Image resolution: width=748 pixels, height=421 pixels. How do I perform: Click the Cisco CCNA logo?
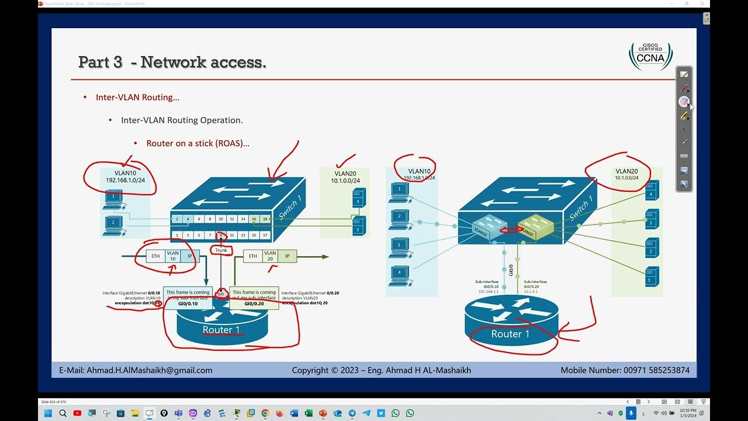pyautogui.click(x=650, y=56)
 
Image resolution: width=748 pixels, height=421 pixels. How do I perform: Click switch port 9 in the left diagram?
pyautogui.click(x=221, y=235)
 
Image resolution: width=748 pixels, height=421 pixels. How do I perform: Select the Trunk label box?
pyautogui.click(x=221, y=250)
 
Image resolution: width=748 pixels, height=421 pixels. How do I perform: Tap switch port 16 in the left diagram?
pyautogui.click(x=254, y=219)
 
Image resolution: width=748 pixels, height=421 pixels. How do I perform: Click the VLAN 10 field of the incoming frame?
pyautogui.click(x=172, y=256)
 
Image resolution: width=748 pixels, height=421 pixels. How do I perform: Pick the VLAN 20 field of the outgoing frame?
pyautogui.click(x=270, y=256)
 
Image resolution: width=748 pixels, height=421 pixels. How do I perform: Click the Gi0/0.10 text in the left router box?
pyautogui.click(x=188, y=303)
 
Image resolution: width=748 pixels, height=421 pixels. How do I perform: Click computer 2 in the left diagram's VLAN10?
pyautogui.click(x=113, y=223)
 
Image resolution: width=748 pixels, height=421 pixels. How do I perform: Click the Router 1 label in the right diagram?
pyautogui.click(x=510, y=334)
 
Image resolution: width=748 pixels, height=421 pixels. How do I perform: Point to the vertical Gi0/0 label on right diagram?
pyautogui.click(x=511, y=270)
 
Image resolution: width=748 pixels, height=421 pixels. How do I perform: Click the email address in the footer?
pyautogui.click(x=150, y=370)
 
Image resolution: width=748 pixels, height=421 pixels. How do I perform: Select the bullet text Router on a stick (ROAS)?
pyautogui.click(x=198, y=143)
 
